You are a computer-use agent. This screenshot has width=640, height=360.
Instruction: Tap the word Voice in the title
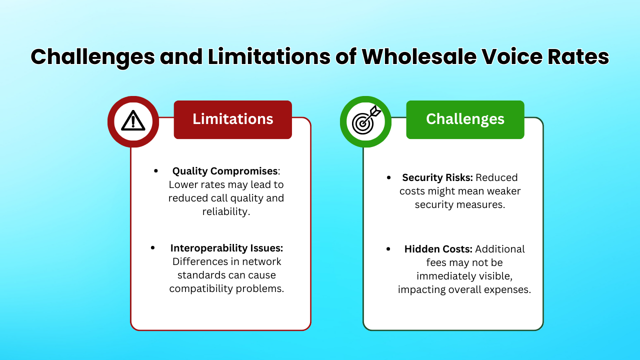[508, 56]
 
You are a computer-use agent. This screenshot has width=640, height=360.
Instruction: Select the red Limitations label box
[232, 119]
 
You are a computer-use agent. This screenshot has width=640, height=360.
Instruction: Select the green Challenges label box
[465, 119]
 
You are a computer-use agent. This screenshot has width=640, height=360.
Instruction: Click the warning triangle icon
[133, 121]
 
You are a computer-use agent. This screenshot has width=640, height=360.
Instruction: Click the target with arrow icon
[365, 121]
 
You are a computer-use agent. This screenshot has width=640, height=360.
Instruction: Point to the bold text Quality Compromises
[224, 171]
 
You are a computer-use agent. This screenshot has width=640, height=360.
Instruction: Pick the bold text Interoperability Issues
[226, 248]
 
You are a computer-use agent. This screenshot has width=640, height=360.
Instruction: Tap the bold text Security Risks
[437, 177]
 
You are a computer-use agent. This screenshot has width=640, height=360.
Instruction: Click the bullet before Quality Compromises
[156, 171]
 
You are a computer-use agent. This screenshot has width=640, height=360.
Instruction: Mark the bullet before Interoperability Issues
[153, 248]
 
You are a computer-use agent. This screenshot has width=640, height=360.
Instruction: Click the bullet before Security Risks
[389, 177]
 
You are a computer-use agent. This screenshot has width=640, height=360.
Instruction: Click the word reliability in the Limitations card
[226, 211]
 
